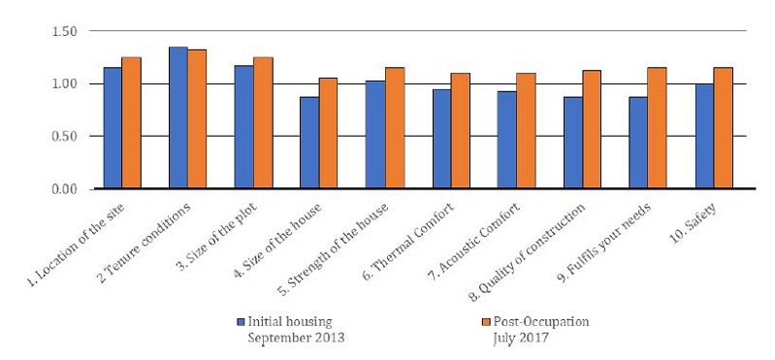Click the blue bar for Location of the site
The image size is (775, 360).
(113, 127)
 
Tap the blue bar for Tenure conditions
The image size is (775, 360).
(178, 117)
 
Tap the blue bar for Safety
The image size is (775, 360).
(704, 136)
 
